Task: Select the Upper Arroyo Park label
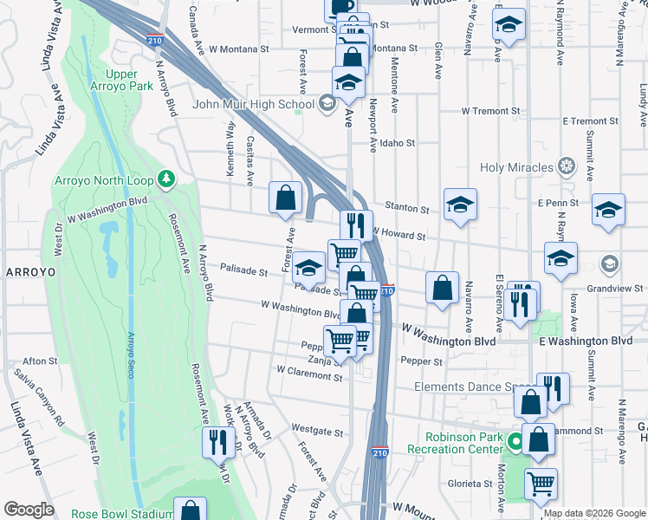tap(129, 80)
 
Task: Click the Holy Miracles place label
tap(517, 167)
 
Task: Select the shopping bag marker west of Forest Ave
tap(285, 198)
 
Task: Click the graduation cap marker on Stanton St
tap(460, 205)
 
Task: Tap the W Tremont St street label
tap(490, 111)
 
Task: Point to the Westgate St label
tap(313, 428)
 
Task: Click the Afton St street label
tap(40, 361)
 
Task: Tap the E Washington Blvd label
tap(586, 341)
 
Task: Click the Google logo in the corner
tap(29, 509)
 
